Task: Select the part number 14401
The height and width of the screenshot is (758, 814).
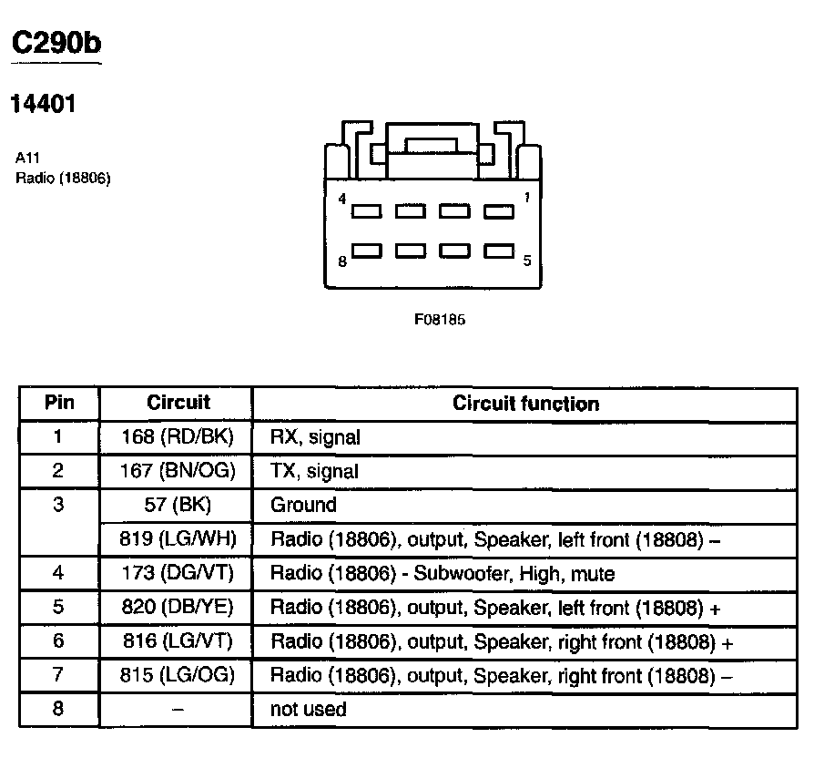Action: click(x=42, y=104)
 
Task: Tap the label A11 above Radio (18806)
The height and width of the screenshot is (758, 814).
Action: click(x=27, y=157)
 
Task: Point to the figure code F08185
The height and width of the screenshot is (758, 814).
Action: click(x=440, y=320)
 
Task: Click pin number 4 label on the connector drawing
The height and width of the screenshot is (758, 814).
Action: click(x=342, y=198)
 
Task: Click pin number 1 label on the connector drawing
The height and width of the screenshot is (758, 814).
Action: click(x=526, y=198)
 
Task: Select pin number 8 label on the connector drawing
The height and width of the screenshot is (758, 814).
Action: click(x=342, y=261)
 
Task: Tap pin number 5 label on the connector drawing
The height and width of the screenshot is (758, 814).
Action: click(x=527, y=261)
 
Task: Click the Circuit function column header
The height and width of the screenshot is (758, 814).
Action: click(x=525, y=404)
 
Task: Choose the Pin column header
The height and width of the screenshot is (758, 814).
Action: click(x=59, y=402)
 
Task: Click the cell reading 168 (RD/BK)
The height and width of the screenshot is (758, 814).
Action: click(x=178, y=437)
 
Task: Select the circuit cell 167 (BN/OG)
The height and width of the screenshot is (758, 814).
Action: click(x=178, y=471)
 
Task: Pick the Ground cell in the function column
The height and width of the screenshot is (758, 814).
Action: click(x=303, y=505)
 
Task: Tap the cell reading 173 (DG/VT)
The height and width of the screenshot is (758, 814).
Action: click(x=178, y=574)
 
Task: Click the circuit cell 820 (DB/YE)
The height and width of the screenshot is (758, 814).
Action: click(x=178, y=608)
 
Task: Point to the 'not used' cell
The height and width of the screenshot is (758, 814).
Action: click(x=308, y=709)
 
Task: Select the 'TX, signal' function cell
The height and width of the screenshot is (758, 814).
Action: click(x=314, y=471)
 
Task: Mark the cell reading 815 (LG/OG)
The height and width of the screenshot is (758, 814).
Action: click(x=178, y=675)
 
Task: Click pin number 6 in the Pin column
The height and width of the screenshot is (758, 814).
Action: click(x=59, y=641)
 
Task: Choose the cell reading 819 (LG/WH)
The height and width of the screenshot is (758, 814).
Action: click(x=178, y=539)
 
